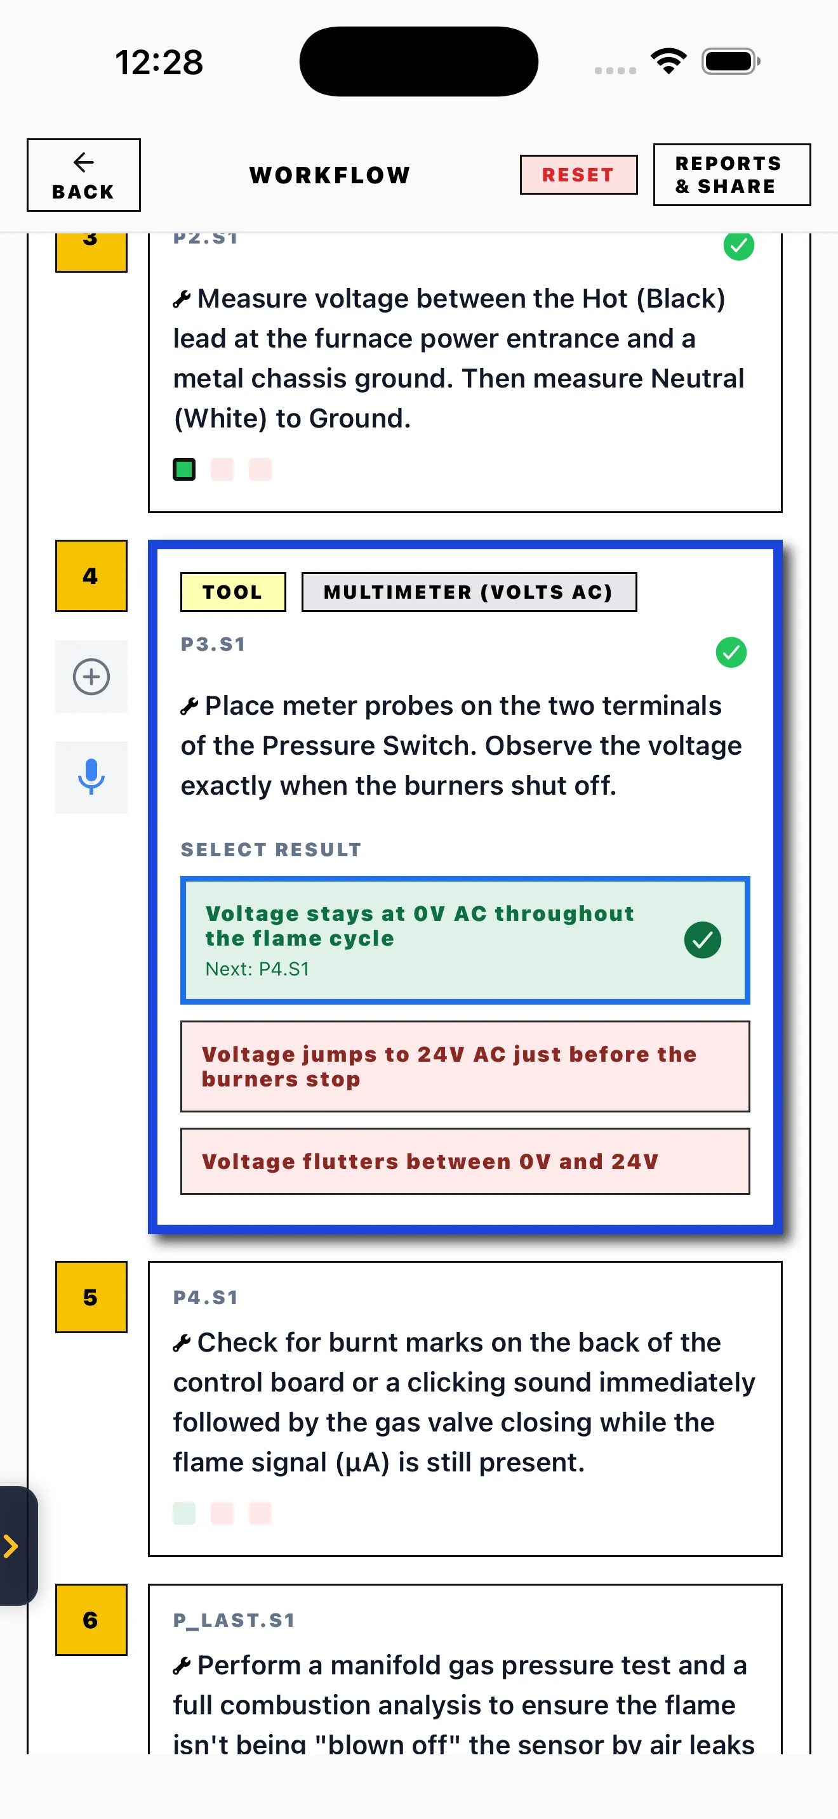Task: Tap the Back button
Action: pos(83,175)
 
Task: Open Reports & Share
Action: pos(731,175)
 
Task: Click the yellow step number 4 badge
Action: pos(91,575)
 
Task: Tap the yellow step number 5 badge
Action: pos(91,1296)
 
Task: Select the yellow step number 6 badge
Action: pos(91,1619)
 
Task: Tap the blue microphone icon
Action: pos(91,777)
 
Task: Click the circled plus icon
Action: pos(91,677)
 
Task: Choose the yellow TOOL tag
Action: pos(233,592)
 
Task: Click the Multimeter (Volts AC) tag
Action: pos(469,592)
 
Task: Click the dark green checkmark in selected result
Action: pos(702,940)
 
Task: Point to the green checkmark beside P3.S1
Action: pos(731,653)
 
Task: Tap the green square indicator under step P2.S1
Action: pos(184,469)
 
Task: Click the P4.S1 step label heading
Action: pos(206,1297)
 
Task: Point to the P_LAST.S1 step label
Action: pos(234,1620)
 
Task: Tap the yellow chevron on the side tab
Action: pos(11,1546)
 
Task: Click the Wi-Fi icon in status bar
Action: pos(668,61)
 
